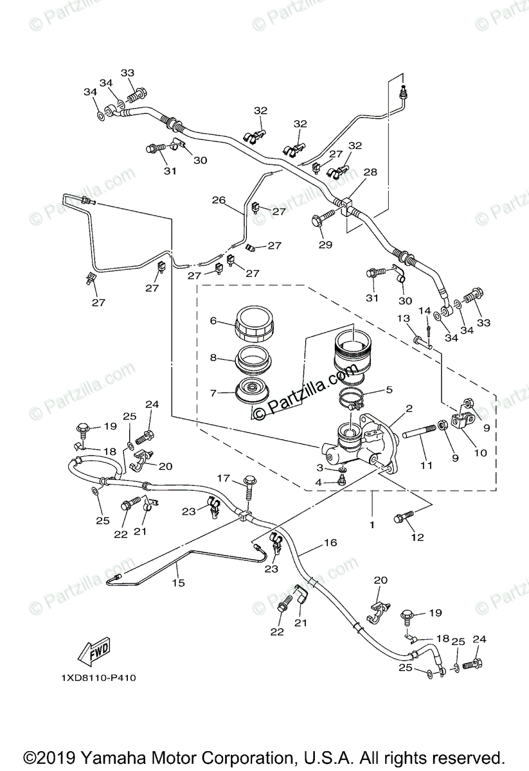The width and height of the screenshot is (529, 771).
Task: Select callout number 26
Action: click(219, 200)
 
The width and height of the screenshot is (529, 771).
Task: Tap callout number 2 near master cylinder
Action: click(408, 408)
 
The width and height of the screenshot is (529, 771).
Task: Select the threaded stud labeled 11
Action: click(422, 437)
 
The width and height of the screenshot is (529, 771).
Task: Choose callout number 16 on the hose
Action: click(330, 543)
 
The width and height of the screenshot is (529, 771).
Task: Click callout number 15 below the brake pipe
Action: click(178, 583)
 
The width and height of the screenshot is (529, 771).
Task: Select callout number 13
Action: click(403, 319)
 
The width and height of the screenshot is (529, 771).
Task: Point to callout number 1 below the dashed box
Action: click(372, 524)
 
